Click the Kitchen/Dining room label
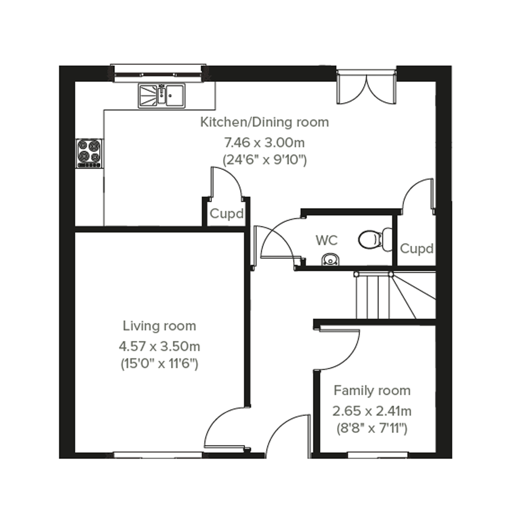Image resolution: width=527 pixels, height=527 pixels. tap(265, 123)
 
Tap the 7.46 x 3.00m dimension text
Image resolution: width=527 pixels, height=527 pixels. tap(264, 143)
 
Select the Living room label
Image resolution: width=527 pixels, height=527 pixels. tap(159, 326)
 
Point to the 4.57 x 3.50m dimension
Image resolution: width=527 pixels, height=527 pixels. tap(160, 346)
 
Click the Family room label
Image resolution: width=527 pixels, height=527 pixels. tap(372, 391)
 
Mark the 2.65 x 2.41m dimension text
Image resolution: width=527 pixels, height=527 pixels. tap(372, 411)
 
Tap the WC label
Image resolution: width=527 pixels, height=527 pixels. tap(327, 240)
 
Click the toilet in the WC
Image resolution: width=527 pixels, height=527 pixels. tap(376, 239)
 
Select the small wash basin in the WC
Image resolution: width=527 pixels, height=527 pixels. tap(331, 259)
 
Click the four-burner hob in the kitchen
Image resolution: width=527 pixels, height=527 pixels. tap(90, 153)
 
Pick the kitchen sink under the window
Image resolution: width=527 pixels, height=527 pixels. tap(162, 96)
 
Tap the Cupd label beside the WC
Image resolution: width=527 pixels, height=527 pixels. tap(417, 249)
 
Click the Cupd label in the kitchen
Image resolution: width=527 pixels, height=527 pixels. tap(226, 214)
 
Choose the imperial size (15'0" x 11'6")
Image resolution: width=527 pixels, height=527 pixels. tap(159, 364)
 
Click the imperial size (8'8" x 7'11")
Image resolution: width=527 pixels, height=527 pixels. tap(372, 429)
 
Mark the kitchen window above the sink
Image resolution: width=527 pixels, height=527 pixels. tap(158, 73)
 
